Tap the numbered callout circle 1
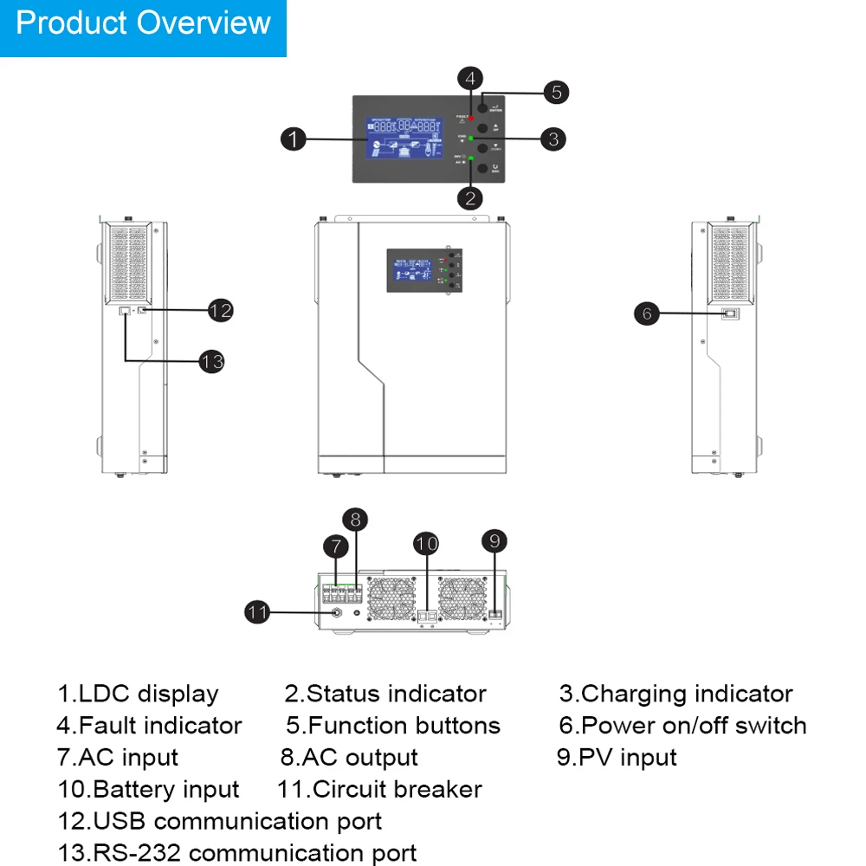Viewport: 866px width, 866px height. [294, 139]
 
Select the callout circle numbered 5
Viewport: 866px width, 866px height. [556, 93]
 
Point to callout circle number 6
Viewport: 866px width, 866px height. [647, 313]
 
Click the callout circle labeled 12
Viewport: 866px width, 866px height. [221, 310]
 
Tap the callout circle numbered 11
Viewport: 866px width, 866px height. [257, 612]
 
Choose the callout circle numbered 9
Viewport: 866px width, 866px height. [494, 541]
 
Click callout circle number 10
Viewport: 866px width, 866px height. [426, 545]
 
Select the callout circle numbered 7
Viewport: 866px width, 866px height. [336, 546]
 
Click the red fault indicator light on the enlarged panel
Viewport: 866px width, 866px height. [471, 117]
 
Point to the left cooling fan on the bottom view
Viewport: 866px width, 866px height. [394, 599]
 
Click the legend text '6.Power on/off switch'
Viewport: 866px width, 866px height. [682, 726]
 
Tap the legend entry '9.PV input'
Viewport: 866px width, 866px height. [617, 758]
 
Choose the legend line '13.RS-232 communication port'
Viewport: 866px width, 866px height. [237, 853]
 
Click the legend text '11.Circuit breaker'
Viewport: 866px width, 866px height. [379, 790]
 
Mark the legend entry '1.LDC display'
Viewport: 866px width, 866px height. [139, 694]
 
